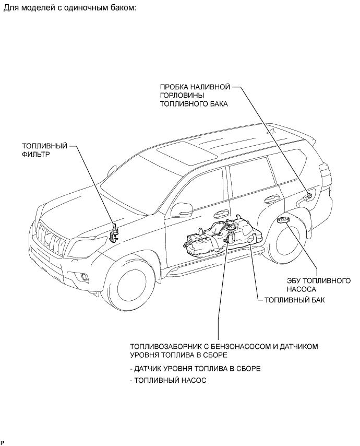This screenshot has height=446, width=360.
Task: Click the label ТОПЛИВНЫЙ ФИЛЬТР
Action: tap(44, 150)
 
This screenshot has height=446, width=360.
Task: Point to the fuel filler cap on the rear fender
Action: tap(309, 195)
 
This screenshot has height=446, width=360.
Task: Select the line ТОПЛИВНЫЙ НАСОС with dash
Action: tap(168, 381)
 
